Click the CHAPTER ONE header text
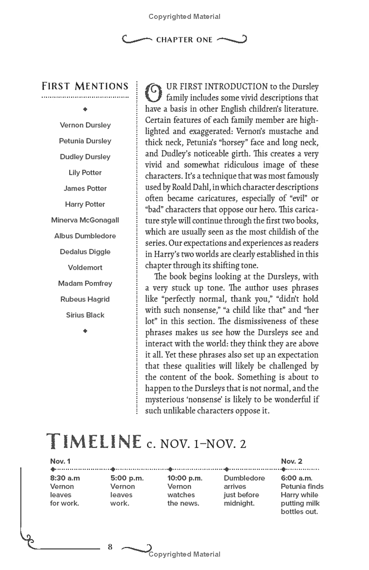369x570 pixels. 184,40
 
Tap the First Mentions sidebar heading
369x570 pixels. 85,86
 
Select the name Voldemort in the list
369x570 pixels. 85,267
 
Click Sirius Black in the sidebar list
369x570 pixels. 85,315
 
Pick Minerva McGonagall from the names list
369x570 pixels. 85,220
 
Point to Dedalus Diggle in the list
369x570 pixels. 85,252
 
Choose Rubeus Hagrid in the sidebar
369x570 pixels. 85,299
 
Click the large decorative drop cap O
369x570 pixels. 154,92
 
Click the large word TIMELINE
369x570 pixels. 94,442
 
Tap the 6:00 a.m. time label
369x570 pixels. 297,478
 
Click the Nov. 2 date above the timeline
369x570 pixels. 292,461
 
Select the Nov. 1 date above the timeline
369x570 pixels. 60,461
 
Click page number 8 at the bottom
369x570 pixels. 110,547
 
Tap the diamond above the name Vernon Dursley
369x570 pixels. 85,109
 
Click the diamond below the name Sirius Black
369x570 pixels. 85,331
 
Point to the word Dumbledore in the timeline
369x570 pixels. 244,478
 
